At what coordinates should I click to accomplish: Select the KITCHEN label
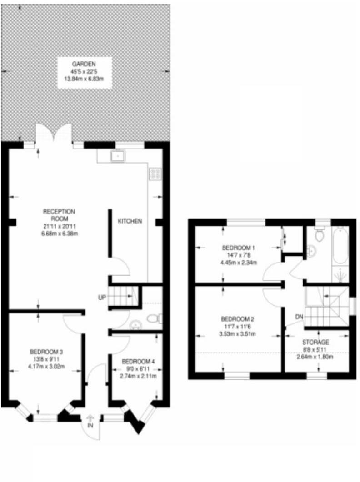coord(130,221)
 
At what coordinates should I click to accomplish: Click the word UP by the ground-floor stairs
coord(102,298)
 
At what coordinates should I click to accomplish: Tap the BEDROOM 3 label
coord(46,351)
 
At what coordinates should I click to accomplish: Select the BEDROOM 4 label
coord(139,362)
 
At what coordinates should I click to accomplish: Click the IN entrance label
coord(90,426)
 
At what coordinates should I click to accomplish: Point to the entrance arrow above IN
coord(90,417)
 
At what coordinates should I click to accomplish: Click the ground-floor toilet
coord(155,318)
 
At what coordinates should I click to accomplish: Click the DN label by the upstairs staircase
coord(299,316)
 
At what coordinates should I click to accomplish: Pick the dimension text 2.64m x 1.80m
coord(315,356)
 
